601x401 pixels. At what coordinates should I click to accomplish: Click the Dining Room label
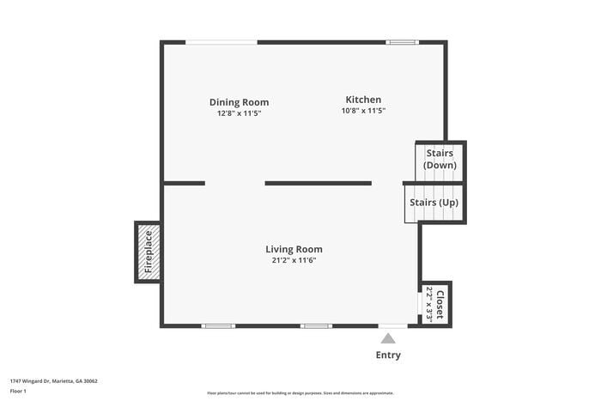[239, 102]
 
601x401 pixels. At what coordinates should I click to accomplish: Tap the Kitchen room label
[363, 100]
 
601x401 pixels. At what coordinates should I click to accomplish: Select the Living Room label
[294, 250]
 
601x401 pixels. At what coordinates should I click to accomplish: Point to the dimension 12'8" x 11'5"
[239, 112]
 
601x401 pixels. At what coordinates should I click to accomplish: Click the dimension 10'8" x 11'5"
[363, 111]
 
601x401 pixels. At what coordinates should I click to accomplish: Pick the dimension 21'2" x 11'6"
[294, 260]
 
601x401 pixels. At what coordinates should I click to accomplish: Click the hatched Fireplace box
[148, 252]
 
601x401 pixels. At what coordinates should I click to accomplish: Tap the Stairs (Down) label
[440, 159]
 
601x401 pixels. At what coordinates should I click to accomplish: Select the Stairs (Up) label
[434, 203]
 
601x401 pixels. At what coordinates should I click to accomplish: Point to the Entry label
[388, 355]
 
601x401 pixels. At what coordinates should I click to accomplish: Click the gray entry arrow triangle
[388, 338]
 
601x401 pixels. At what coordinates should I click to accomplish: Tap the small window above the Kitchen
[402, 42]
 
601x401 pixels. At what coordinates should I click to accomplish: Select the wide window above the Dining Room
[222, 42]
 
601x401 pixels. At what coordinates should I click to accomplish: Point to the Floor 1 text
[18, 391]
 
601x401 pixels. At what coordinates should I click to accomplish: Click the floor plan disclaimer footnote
[300, 393]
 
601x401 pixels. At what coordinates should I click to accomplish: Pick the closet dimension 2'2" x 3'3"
[429, 305]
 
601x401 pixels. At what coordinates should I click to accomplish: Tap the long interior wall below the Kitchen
[318, 183]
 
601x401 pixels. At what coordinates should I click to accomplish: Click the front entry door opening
[393, 325]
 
